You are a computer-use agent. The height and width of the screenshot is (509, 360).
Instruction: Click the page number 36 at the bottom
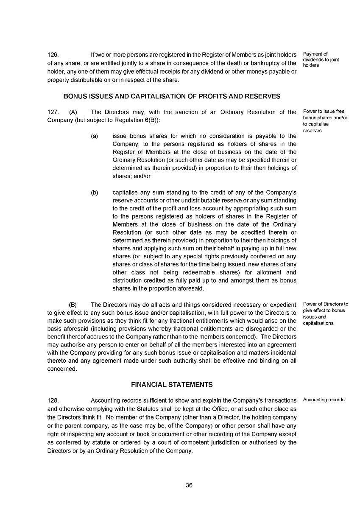[x=189, y=485]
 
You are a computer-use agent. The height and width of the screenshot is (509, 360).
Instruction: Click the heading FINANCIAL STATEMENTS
[x=172, y=385]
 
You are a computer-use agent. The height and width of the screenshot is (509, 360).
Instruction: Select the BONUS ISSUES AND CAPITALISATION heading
[x=172, y=96]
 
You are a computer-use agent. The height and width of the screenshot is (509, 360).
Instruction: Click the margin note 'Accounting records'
[x=324, y=400]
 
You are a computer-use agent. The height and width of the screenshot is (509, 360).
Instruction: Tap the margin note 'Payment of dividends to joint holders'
[x=321, y=59]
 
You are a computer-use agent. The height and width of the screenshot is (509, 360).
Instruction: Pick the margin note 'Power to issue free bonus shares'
[x=325, y=121]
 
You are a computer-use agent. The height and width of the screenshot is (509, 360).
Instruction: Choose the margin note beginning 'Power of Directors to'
[x=325, y=313]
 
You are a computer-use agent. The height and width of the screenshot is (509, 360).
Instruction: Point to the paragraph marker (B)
[x=73, y=305]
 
